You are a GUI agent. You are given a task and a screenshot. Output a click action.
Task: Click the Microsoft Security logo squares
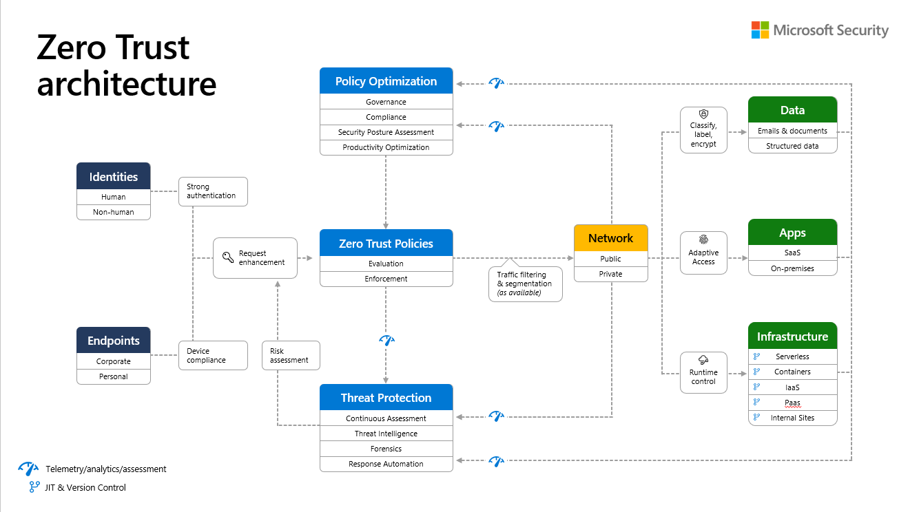click(x=760, y=30)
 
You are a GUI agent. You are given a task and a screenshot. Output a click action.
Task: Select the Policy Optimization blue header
click(x=386, y=81)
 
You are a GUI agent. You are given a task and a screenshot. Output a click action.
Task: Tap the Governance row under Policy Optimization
click(x=386, y=102)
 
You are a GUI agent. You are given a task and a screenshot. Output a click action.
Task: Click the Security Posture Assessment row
click(x=386, y=132)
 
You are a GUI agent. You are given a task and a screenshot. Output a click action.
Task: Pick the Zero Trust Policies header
click(x=386, y=244)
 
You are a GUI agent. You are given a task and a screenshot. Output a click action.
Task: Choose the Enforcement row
click(x=386, y=279)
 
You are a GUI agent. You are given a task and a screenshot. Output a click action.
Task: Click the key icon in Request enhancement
click(x=227, y=258)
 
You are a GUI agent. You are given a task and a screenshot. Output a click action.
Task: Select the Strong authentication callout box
click(x=212, y=191)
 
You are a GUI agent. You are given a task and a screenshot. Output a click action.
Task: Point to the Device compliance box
click(x=212, y=356)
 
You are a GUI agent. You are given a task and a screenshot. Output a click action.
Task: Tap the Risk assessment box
click(x=291, y=356)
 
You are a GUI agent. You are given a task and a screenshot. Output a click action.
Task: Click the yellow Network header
click(x=610, y=238)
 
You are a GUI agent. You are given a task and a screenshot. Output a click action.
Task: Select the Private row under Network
click(x=610, y=274)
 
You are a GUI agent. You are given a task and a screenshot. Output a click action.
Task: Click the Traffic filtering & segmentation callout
click(x=525, y=284)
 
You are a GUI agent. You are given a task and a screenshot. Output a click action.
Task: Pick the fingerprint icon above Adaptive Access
click(x=703, y=240)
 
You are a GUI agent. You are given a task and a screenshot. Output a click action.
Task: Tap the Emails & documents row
click(x=792, y=131)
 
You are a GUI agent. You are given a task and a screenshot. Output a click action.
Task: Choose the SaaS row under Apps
click(x=792, y=253)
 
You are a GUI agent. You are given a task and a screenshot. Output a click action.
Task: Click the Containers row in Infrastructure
click(x=792, y=372)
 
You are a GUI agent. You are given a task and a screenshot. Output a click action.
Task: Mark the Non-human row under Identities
click(x=114, y=212)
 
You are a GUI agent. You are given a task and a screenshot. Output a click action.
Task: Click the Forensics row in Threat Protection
click(x=386, y=449)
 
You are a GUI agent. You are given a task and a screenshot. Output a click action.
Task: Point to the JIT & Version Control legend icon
click(x=34, y=487)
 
